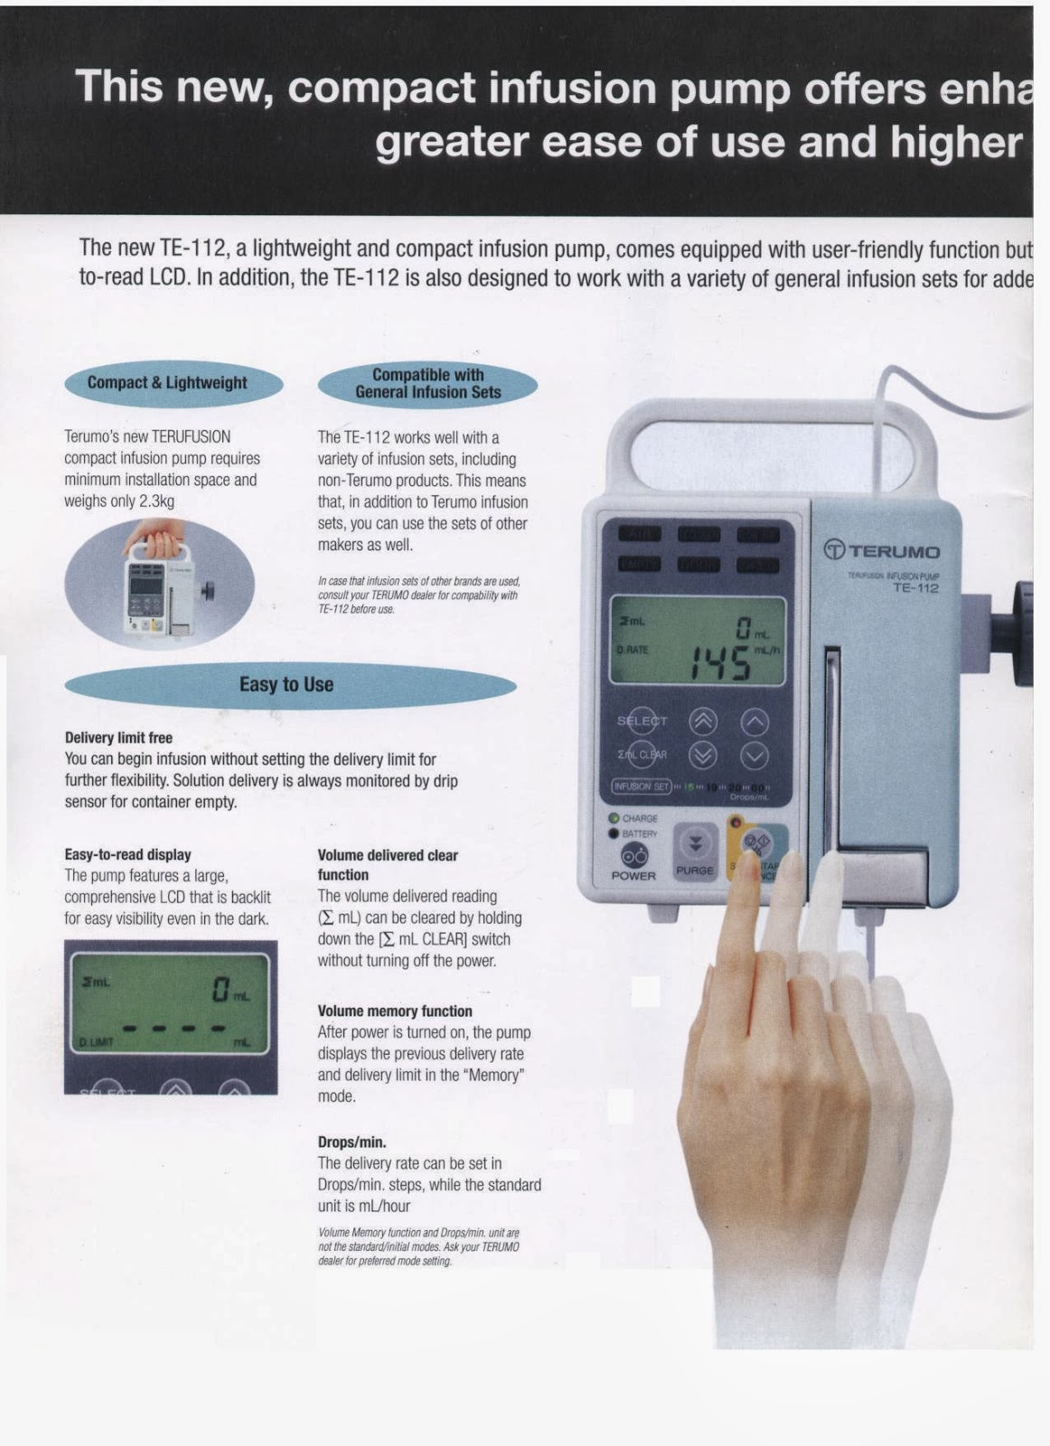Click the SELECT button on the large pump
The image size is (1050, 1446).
point(642,720)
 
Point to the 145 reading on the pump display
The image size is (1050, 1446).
point(719,664)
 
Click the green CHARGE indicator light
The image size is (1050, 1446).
point(614,818)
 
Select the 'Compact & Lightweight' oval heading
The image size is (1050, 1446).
point(168,383)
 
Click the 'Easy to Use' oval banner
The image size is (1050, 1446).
point(287,685)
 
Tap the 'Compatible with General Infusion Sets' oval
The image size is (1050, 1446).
point(427,384)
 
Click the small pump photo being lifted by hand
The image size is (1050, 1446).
point(159,585)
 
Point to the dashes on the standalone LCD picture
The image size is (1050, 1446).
point(173,1028)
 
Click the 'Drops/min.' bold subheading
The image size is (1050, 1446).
point(352,1142)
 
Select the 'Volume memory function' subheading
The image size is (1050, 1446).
point(394,1011)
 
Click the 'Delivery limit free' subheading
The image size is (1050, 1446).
point(118,737)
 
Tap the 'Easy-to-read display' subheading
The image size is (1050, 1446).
point(127,854)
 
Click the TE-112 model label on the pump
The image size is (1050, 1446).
point(915,588)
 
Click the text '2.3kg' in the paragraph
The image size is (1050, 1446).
point(156,502)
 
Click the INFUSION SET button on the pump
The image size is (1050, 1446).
point(642,786)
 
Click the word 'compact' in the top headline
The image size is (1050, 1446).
point(381,88)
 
